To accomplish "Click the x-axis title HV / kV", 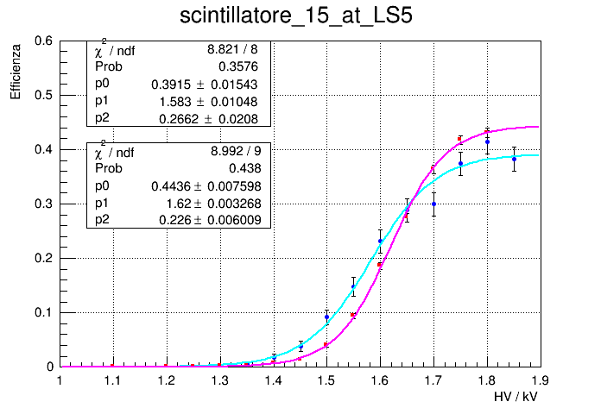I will click(x=517, y=396).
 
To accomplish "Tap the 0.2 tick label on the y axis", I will click(x=44, y=258).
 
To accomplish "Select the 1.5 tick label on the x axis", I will click(x=326, y=380).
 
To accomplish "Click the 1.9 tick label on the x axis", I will click(x=541, y=380).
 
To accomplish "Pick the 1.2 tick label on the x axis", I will click(x=166, y=380).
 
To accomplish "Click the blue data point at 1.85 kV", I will click(x=514, y=159).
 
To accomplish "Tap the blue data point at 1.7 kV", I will click(x=433, y=204).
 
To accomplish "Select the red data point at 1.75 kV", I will click(x=460, y=138).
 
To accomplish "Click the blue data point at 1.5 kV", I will click(x=326, y=317).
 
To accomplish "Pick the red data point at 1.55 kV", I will click(x=353, y=316).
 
